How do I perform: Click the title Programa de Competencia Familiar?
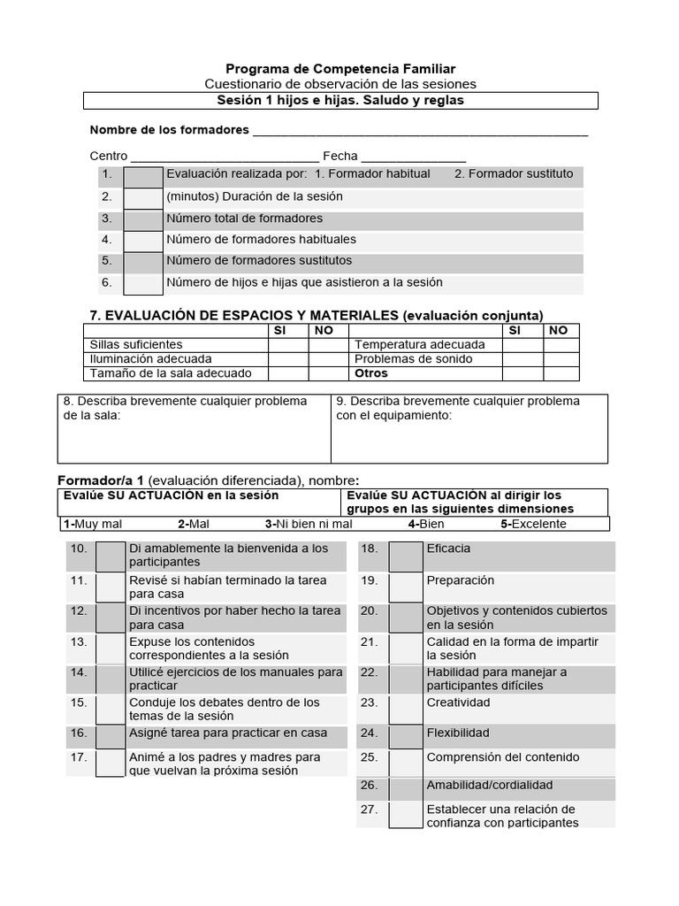pyautogui.click(x=340, y=68)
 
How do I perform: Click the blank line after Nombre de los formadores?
pyautogui.click(x=420, y=132)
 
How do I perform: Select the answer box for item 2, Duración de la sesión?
pyautogui.click(x=142, y=197)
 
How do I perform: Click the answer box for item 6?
pyautogui.click(x=142, y=283)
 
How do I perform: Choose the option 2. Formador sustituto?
pyautogui.click(x=513, y=174)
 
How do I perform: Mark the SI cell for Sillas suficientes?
pyautogui.click(x=288, y=344)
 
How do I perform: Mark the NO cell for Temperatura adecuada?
pyautogui.click(x=560, y=344)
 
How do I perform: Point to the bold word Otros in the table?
pyautogui.click(x=371, y=373)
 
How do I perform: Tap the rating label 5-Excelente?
pyautogui.click(x=533, y=524)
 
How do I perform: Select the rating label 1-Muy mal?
pyautogui.click(x=93, y=524)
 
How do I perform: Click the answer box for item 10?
pyautogui.click(x=111, y=556)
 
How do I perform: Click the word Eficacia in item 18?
pyautogui.click(x=448, y=549)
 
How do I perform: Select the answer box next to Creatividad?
pyautogui.click(x=406, y=709)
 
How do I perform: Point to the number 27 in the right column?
pyautogui.click(x=370, y=809)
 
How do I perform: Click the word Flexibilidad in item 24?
pyautogui.click(x=457, y=733)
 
